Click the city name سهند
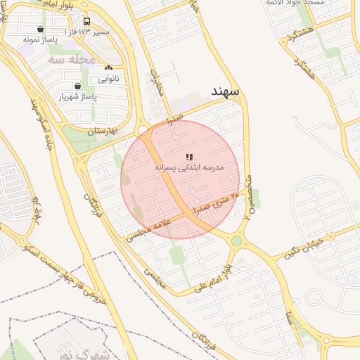[x=225, y=91]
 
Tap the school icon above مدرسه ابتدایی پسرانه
[x=188, y=157]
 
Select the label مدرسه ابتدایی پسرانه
[x=189, y=169]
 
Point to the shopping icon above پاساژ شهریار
[x=67, y=86]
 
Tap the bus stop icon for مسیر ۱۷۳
[x=86, y=22]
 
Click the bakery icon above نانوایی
[x=108, y=68]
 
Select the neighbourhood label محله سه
[x=71, y=60]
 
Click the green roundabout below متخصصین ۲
[x=236, y=241]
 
